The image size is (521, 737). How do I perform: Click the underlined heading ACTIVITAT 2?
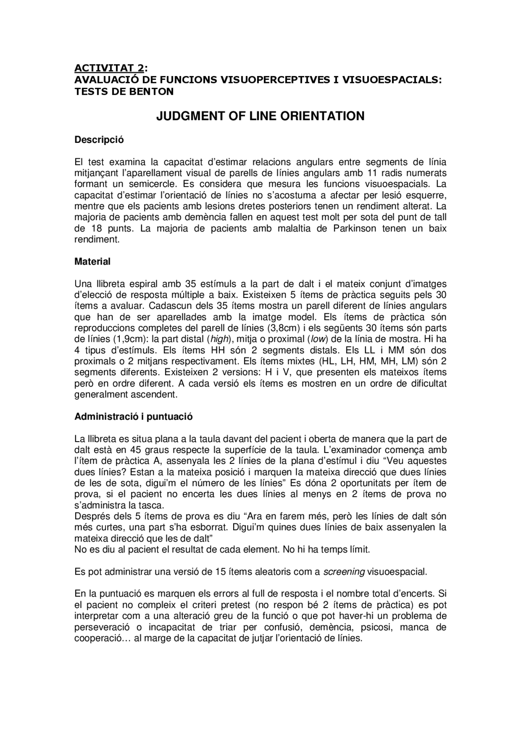click(x=109, y=68)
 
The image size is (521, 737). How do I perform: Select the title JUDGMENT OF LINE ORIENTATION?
click(x=260, y=116)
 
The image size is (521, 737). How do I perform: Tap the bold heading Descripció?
click(x=99, y=140)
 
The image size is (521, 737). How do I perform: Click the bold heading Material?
click(x=92, y=262)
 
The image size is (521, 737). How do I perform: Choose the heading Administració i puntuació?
click(x=134, y=417)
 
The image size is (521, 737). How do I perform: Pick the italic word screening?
click(x=344, y=572)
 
